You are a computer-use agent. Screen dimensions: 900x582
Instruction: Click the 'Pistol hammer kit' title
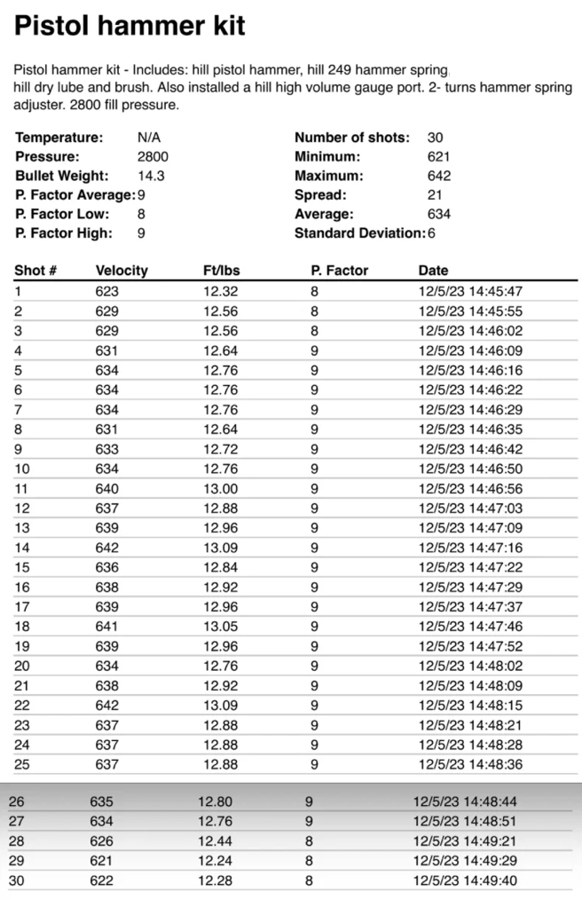130,27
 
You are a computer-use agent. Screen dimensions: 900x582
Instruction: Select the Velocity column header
122,270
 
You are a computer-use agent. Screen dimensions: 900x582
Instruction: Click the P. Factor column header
339,270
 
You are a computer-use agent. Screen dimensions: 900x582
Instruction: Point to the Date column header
433,270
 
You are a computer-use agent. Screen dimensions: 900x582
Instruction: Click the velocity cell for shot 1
106,290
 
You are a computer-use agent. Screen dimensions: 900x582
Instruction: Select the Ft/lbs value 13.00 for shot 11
221,487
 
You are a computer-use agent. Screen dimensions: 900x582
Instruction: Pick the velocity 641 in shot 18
106,626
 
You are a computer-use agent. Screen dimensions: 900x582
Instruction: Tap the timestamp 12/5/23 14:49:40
465,880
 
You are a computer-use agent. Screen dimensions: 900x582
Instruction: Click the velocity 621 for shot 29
101,861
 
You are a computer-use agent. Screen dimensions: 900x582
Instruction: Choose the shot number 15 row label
21,566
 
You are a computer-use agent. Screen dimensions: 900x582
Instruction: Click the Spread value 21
434,194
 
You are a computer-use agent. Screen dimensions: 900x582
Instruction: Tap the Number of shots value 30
435,138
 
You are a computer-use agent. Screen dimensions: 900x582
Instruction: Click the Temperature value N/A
149,138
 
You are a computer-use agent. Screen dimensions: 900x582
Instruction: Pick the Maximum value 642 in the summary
438,176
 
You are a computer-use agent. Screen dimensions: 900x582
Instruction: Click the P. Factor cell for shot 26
309,801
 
